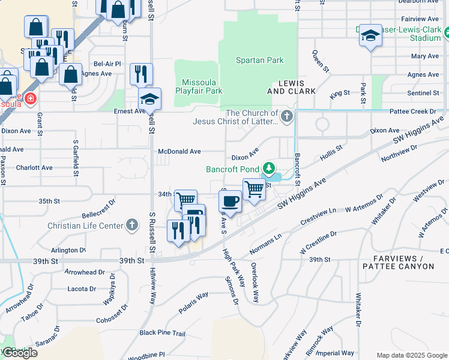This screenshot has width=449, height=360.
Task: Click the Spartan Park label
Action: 259,61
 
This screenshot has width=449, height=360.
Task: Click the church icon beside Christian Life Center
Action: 132,226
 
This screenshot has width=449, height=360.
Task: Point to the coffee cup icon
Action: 231,201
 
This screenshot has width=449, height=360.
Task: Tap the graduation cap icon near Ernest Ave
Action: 149,98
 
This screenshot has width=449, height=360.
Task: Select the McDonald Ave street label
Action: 179,152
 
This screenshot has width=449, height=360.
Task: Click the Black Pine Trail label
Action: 163,332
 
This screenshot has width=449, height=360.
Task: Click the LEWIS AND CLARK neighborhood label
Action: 291,87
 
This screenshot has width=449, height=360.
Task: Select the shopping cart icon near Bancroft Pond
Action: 254,189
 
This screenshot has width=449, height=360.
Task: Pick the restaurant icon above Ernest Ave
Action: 141,74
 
